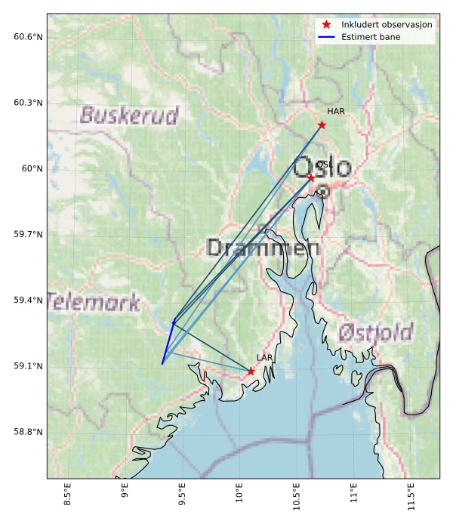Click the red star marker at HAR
tap(322, 125)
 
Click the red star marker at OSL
tap(311, 177)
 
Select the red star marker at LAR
tap(251, 371)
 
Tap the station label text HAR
tap(336, 112)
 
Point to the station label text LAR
tap(264, 358)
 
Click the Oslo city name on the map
tap(322, 168)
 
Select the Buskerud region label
tap(129, 116)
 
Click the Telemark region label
tap(94, 303)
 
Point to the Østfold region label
tap(375, 332)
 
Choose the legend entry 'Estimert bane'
tap(370, 36)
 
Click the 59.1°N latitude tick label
tap(28, 366)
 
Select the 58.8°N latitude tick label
tap(28, 432)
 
